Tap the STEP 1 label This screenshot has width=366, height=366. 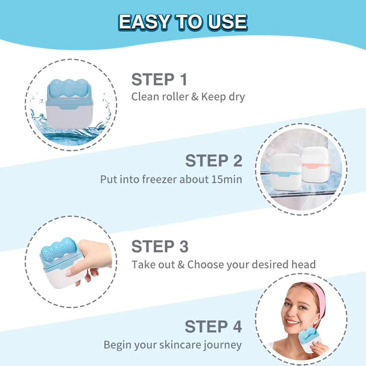159,79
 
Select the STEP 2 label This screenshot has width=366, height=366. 214,161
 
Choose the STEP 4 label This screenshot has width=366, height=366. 213,326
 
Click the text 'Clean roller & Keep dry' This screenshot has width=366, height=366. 188,97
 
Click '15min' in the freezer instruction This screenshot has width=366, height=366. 227,179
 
